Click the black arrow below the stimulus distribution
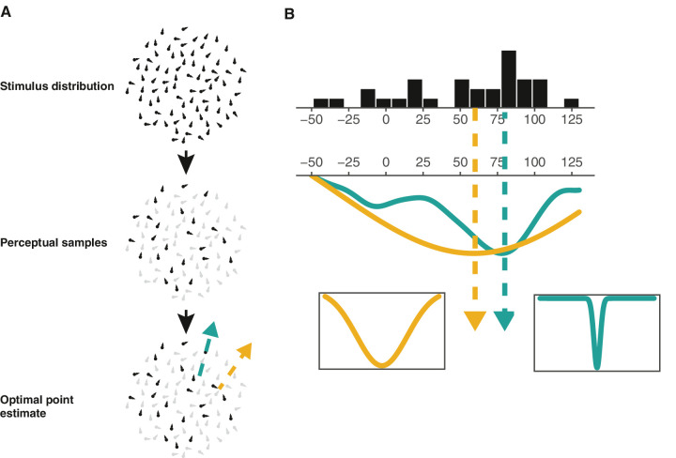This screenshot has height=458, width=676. point(187,161)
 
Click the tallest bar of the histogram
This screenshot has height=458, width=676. point(509,78)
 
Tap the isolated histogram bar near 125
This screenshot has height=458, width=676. point(571,102)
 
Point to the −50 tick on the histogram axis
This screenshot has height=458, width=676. point(311,121)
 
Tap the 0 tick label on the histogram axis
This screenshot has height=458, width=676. point(386,121)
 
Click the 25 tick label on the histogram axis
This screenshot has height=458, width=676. point(422,121)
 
